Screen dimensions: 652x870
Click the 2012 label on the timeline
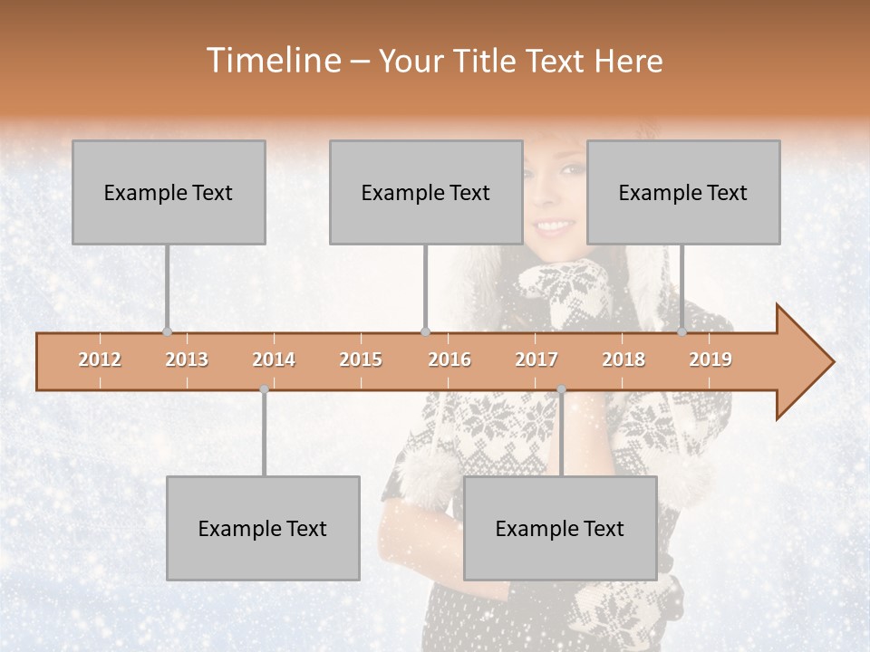click(x=100, y=360)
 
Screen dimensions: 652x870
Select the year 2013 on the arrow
click(x=187, y=360)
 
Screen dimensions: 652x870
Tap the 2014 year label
click(x=274, y=360)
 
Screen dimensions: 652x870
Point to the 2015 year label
click(x=361, y=360)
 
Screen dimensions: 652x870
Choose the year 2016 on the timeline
click(x=449, y=360)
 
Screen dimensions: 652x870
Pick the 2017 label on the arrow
click(x=536, y=360)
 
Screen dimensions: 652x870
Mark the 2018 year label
click(x=623, y=360)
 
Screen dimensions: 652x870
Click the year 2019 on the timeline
click(x=710, y=360)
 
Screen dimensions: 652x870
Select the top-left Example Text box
click(x=169, y=192)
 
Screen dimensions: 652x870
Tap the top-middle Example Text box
click(x=426, y=192)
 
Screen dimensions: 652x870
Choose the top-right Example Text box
click(x=683, y=192)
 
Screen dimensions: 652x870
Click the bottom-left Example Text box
click(x=263, y=528)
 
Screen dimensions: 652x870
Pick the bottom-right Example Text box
click(x=560, y=528)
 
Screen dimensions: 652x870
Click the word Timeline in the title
click(x=272, y=61)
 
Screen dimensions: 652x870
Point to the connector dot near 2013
click(x=167, y=332)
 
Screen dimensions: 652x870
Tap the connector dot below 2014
click(x=264, y=389)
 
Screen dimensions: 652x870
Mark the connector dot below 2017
click(x=561, y=389)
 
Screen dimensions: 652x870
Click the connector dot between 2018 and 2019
click(x=682, y=332)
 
